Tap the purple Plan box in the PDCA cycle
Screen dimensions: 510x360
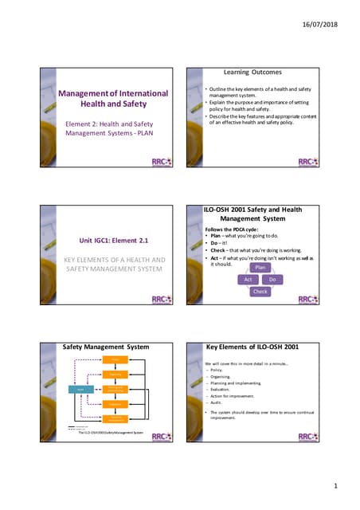point(260,268)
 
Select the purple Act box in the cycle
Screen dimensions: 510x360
point(248,280)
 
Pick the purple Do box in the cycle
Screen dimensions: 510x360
point(272,280)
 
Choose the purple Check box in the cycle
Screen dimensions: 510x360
point(260,292)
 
